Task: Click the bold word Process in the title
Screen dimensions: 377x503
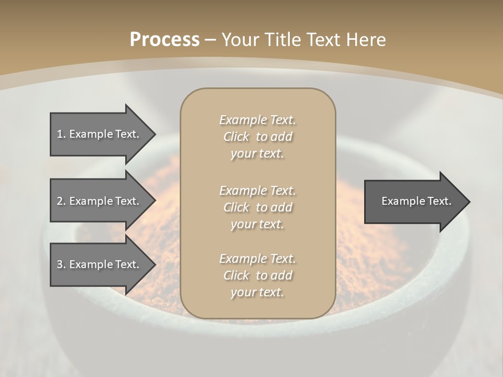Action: point(165,40)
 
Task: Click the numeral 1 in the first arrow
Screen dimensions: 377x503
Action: point(60,134)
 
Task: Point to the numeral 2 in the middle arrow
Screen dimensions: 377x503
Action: point(60,201)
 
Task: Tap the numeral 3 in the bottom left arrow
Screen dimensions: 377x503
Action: point(60,264)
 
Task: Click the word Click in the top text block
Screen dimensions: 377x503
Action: point(236,137)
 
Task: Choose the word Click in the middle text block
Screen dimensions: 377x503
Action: point(236,207)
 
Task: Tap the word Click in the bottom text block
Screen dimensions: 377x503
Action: point(236,275)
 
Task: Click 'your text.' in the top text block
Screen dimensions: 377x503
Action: point(257,154)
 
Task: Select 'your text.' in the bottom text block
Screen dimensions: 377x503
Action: point(257,292)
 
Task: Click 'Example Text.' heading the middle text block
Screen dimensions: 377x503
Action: point(257,191)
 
